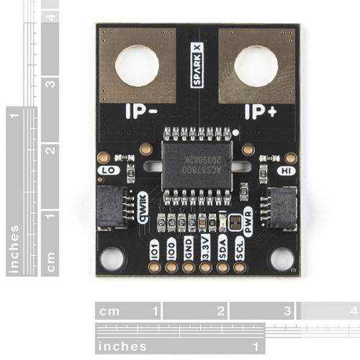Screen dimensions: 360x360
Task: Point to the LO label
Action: coord(107,171)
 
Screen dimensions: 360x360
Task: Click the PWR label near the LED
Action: coord(249,228)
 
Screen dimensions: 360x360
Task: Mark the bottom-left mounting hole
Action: coord(112,258)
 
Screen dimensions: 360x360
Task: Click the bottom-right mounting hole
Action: coord(282,258)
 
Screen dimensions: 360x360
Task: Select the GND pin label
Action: coord(189,246)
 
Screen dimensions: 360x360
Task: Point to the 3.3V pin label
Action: coord(206,246)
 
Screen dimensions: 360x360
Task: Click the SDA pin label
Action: coord(223,246)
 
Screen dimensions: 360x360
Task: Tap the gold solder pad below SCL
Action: coord(240,266)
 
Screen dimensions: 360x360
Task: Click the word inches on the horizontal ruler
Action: coord(122,346)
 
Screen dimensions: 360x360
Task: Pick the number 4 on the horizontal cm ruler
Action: coord(352,311)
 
